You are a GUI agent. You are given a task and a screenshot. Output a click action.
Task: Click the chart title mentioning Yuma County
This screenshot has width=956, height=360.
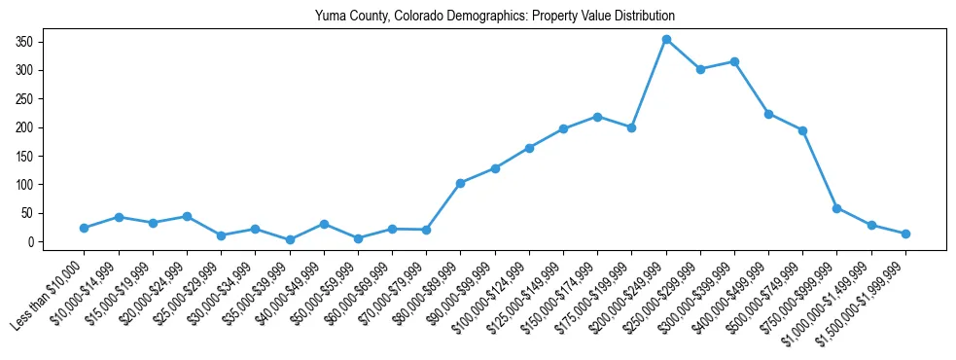pos(494,17)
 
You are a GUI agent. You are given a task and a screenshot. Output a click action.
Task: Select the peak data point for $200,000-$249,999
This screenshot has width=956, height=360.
pos(666,40)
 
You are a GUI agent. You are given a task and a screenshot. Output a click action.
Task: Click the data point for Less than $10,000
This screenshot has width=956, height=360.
pos(85,228)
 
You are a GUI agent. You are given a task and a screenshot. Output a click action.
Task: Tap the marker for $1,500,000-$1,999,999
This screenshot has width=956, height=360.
pos(905,234)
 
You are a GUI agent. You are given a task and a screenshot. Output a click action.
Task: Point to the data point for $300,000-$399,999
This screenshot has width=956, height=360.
pos(734,61)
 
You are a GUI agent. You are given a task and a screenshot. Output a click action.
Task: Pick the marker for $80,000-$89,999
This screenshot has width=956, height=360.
pos(461,183)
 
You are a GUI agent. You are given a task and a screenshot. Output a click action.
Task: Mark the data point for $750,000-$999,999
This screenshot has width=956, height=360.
pos(837,208)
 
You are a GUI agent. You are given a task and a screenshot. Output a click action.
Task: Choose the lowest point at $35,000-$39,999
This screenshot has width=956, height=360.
pos(290,239)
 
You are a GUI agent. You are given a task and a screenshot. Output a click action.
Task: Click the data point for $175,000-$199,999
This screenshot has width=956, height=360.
pos(632,127)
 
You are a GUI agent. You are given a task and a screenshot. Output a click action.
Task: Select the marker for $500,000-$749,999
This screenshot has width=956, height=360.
pos(803,130)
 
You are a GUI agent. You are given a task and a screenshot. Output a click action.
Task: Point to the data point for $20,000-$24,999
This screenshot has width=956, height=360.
pos(187,216)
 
